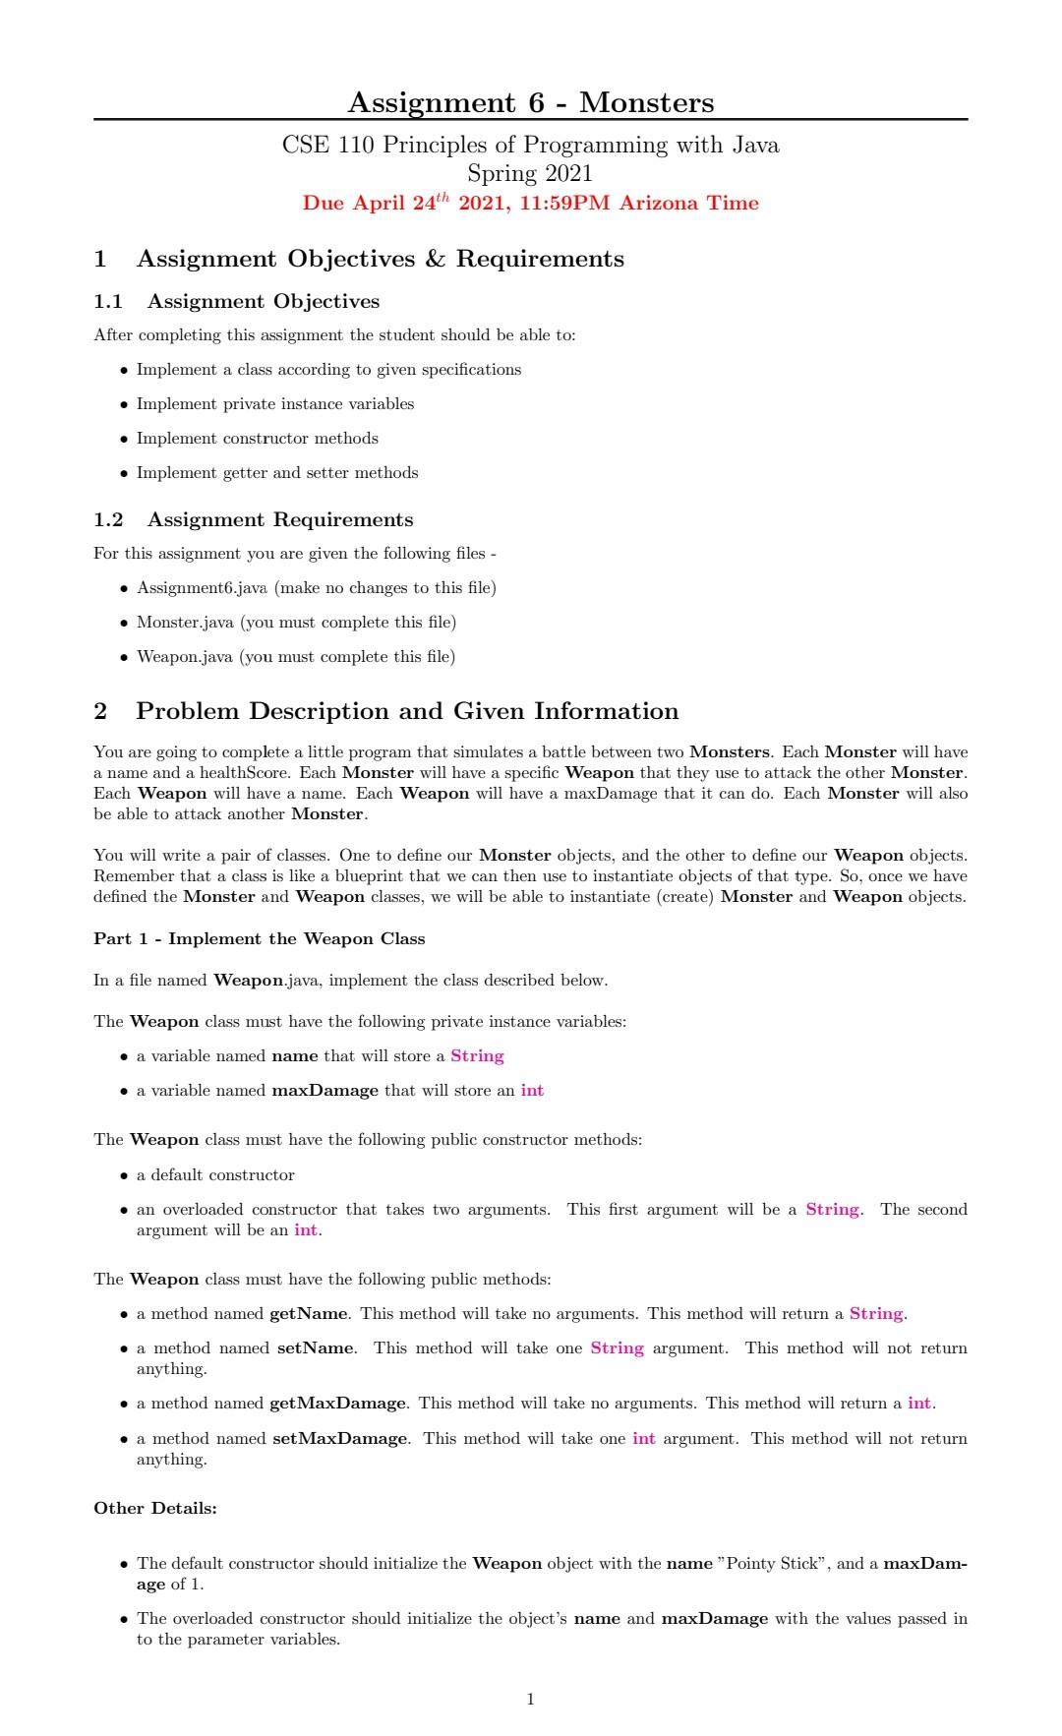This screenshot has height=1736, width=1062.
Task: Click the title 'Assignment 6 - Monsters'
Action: [x=530, y=102]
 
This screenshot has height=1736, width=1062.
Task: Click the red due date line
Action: [x=530, y=204]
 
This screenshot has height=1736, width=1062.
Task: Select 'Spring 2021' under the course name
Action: [x=530, y=174]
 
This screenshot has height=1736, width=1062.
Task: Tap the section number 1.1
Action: [x=108, y=302]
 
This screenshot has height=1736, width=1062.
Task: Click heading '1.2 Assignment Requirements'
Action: [x=253, y=520]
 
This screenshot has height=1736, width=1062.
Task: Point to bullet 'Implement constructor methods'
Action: [x=257, y=439]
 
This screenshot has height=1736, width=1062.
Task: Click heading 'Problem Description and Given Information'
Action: [x=407, y=711]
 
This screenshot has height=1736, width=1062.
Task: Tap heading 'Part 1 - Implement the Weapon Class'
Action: [x=259, y=939]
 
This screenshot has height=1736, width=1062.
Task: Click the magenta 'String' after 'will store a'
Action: [x=477, y=1056]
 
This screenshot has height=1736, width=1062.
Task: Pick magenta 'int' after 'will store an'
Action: [x=532, y=1091]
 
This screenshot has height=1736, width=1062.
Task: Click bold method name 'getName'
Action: [x=309, y=1314]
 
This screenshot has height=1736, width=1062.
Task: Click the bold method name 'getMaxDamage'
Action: [x=337, y=1404]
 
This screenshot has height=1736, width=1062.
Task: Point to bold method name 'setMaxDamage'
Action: [x=340, y=1439]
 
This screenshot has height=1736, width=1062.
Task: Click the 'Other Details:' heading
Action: [x=155, y=1509]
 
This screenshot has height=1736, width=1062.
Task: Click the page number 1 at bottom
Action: [x=531, y=1699]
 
